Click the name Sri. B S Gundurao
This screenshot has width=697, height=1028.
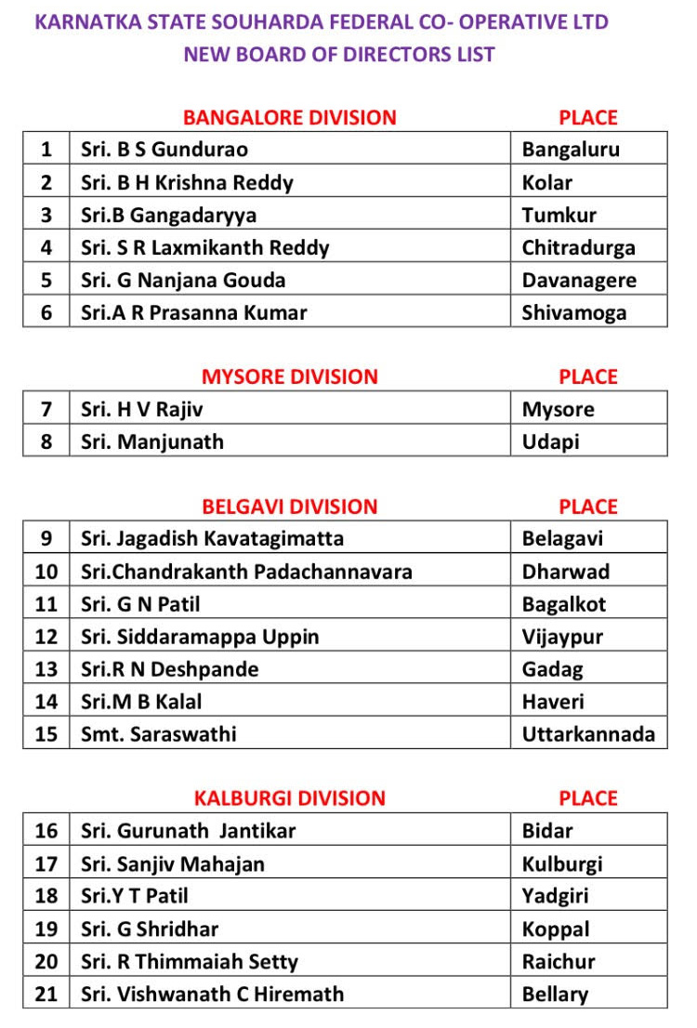click(x=164, y=149)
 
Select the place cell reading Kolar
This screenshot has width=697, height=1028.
click(x=546, y=182)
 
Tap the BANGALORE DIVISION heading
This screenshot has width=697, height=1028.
click(x=290, y=117)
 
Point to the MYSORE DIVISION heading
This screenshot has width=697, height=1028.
click(x=290, y=376)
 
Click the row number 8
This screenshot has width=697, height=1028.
click(x=46, y=442)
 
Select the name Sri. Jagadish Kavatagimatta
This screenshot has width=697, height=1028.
click(x=212, y=538)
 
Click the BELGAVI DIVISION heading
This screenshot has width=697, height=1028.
click(x=290, y=507)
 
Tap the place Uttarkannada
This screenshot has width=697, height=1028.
click(x=588, y=733)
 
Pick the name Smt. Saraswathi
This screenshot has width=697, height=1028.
click(x=158, y=733)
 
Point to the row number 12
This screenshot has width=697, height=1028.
click(x=46, y=637)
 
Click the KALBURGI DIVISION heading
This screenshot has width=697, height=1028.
click(x=290, y=798)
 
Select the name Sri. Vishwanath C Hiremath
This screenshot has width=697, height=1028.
click(x=212, y=994)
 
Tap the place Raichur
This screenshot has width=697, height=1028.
click(x=559, y=961)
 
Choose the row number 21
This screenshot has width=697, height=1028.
click(x=46, y=994)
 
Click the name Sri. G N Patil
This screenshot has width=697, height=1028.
click(x=140, y=604)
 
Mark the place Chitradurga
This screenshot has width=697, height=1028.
click(x=578, y=247)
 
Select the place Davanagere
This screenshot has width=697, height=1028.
click(x=578, y=280)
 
